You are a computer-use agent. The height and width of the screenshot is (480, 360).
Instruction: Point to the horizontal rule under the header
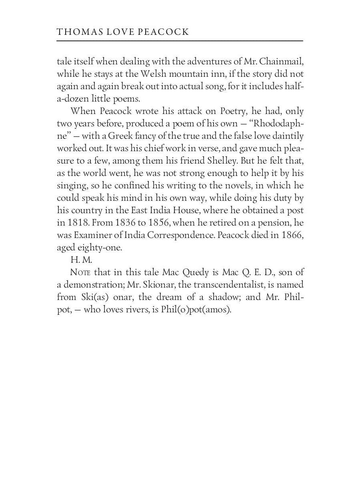tap(180, 41)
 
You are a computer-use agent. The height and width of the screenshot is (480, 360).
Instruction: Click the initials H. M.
tap(81, 260)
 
